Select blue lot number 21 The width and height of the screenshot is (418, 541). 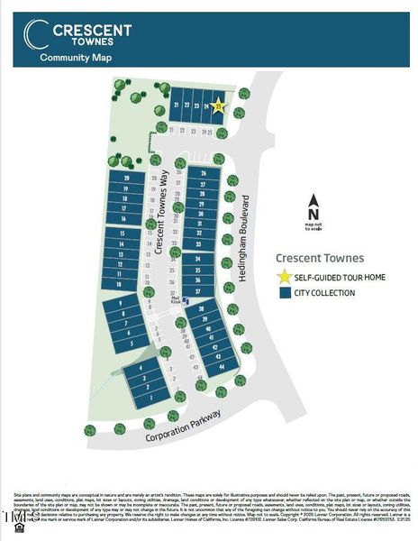(175, 105)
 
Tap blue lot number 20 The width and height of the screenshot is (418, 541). (128, 179)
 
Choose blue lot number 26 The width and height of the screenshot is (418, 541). (204, 172)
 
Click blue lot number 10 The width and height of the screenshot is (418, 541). (119, 284)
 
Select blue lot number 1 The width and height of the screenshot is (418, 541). (151, 398)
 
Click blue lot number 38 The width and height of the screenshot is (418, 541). (203, 308)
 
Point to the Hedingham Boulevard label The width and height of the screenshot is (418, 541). (242, 237)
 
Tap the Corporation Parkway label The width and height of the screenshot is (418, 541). (184, 426)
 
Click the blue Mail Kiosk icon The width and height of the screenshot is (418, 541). (186, 301)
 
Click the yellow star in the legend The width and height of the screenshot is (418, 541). (285, 277)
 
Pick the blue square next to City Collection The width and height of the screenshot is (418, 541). (285, 293)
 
